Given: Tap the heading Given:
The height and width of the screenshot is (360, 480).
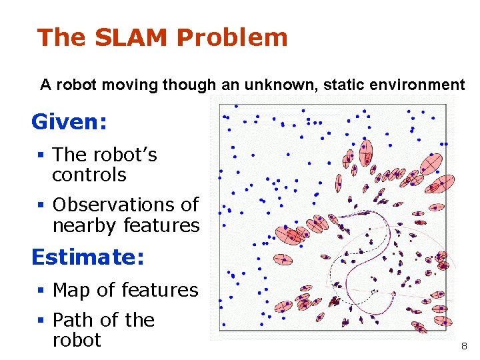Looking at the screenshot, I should tap(69, 122).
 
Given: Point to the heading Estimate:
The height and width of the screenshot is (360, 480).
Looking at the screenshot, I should tap(88, 257).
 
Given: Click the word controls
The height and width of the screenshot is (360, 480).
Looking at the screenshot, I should tap(89, 175).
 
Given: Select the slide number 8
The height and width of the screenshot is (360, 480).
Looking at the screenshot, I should tap(464, 347).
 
